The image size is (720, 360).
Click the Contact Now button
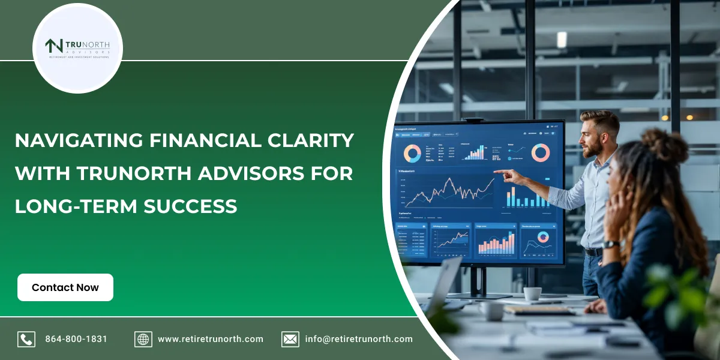[65, 287]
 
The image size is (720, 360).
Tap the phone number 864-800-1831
[76, 339]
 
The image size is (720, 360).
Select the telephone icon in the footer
[26, 339]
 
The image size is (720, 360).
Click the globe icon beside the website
[143, 339]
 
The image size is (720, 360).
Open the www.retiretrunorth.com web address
[210, 339]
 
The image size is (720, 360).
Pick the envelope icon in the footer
[290, 339]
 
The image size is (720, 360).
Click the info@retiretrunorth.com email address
[358, 339]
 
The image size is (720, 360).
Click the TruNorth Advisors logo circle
[77, 48]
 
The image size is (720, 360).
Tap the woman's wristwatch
[611, 244]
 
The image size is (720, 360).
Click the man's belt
[593, 252]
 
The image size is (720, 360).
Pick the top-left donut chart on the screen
[412, 154]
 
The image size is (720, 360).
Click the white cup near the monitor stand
[532, 293]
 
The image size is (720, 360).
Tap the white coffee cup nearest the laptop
[493, 310]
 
